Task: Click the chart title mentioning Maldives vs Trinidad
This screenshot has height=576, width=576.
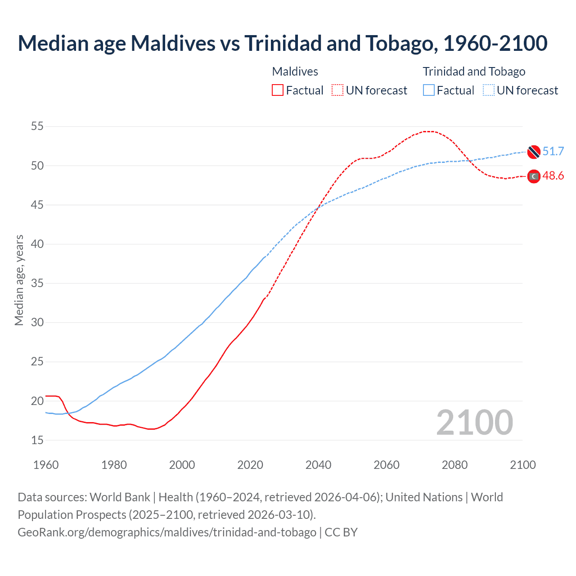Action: click(282, 43)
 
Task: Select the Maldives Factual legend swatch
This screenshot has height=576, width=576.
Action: click(278, 90)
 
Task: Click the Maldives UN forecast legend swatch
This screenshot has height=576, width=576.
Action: click(337, 90)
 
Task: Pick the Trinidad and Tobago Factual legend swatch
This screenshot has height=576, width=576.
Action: click(429, 90)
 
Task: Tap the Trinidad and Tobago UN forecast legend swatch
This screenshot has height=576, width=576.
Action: click(489, 90)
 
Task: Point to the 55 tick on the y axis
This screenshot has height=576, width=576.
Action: click(37, 126)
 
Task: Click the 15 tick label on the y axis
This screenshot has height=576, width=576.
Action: click(37, 440)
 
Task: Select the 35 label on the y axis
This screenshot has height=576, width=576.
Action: click(37, 283)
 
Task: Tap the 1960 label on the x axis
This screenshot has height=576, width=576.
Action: click(46, 465)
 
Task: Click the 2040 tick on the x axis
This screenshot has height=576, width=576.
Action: click(318, 465)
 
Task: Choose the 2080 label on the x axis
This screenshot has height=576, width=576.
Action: click(454, 465)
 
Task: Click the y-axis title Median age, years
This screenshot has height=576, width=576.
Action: click(19, 280)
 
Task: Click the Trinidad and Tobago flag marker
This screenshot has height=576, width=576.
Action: click(534, 152)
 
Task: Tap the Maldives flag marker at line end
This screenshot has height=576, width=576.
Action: click(534, 176)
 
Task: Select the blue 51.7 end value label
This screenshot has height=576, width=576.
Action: click(553, 152)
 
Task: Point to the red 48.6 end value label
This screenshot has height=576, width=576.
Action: click(553, 176)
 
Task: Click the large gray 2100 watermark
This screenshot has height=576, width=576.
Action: click(475, 423)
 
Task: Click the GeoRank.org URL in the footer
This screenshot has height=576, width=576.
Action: click(167, 532)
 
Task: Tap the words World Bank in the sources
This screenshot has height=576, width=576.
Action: click(120, 497)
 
